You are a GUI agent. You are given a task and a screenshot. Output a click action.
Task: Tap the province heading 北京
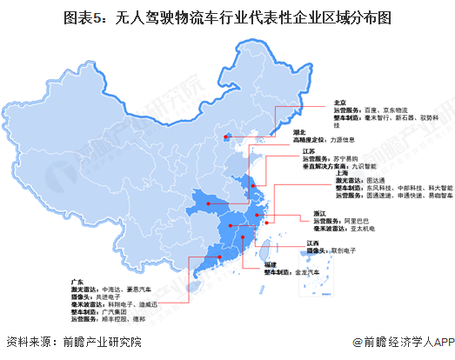339,102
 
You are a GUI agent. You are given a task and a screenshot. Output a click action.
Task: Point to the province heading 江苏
295,150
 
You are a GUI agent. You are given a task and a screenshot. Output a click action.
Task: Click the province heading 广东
77,281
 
